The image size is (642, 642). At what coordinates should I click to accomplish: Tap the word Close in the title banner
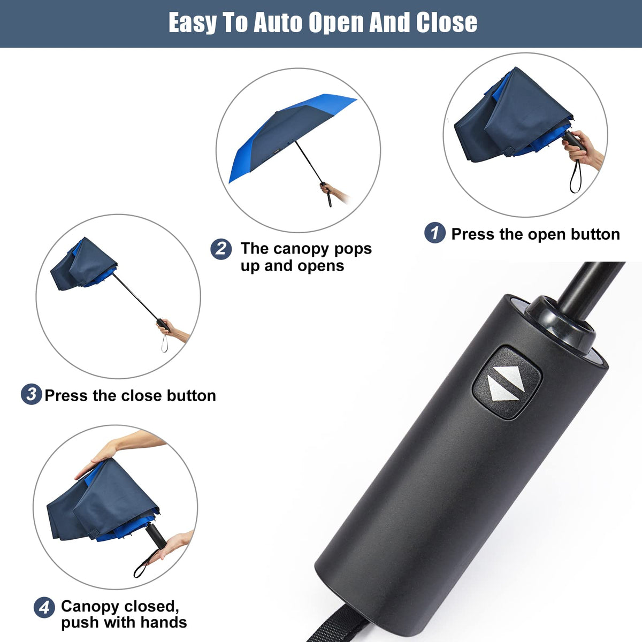coord(446,23)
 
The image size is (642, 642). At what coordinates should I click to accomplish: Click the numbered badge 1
coord(434,233)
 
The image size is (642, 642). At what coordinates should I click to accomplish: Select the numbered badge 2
coord(221,249)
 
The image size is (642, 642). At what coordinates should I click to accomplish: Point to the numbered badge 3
coord(31,395)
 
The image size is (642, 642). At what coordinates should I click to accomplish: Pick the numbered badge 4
coord(44,607)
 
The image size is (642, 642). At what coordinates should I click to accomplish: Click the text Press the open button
coord(535,234)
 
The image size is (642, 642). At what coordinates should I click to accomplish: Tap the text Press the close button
coord(130,395)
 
